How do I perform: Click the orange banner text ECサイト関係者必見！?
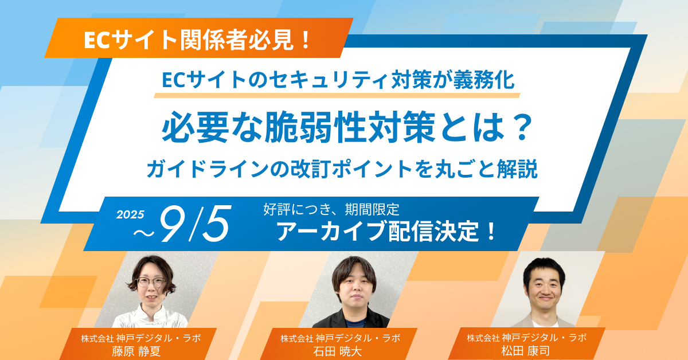coord(197,40)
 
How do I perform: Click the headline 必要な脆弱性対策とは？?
coord(347,127)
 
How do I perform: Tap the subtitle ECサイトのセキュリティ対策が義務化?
coord(338,80)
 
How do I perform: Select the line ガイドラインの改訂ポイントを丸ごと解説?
coord(342,169)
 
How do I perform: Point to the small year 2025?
coord(130,214)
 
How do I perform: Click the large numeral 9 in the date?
coord(174,224)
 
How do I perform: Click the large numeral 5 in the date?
coord(217,224)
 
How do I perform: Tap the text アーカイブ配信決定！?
coord(386,231)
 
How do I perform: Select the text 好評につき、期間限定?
coord(331,210)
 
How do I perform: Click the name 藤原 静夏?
coord(136,351)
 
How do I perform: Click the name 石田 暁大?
coord(337,351)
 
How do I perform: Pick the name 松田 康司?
coord(526,351)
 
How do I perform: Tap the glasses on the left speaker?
coord(151,282)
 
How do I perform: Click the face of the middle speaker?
coord(356,290)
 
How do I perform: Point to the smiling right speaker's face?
coord(544,290)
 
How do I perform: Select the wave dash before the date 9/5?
coord(144,233)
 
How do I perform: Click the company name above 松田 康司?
coord(526,338)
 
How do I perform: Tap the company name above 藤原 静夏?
coord(140,338)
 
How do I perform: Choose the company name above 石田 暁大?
coord(341,338)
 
